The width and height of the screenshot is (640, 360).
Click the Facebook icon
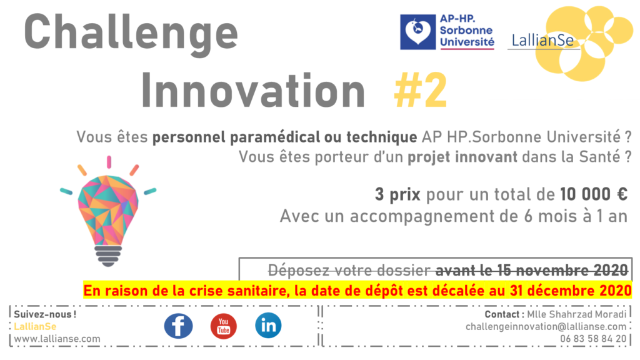178,326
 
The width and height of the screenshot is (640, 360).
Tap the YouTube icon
223,326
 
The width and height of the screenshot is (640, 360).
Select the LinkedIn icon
268,326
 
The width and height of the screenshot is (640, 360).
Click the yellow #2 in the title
421,91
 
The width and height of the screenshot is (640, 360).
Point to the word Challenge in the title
131,34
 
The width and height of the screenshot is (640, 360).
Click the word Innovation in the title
253,90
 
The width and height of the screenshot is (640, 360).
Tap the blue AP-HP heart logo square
417,32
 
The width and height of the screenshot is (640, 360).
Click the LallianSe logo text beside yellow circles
542,41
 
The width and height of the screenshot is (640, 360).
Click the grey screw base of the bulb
108,256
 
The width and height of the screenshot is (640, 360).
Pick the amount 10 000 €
594,194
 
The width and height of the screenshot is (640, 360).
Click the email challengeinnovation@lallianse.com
546,327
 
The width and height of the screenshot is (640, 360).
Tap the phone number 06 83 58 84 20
593,339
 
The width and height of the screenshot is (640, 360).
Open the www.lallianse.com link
57,339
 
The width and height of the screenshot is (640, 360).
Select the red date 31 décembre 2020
571,291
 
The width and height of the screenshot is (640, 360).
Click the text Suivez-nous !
45,314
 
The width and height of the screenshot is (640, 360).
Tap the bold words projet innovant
462,157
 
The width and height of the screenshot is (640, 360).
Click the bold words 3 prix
397,195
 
